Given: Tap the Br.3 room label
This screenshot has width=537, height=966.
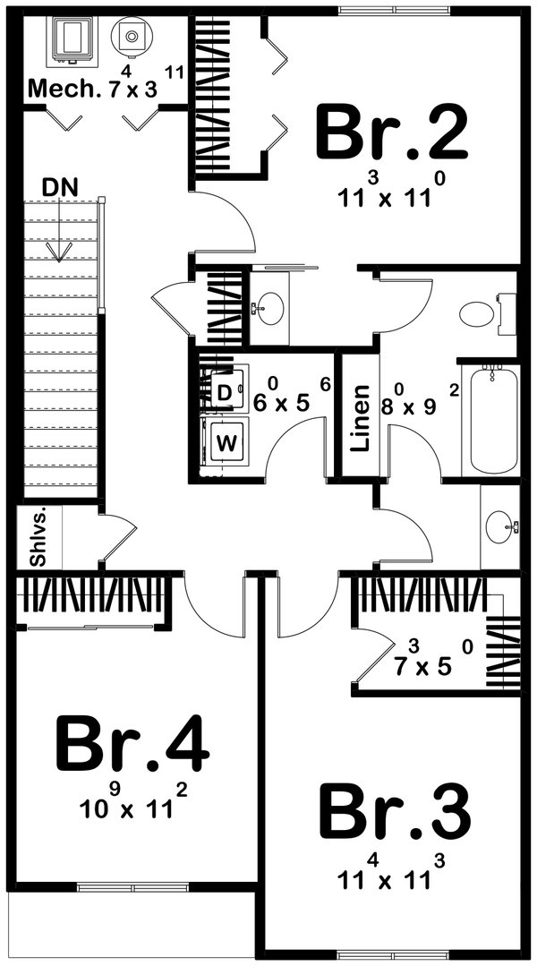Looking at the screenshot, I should point(395,812).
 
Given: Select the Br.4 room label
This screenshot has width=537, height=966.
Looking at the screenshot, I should point(132,743).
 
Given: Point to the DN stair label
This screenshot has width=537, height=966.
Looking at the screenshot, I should point(60,187).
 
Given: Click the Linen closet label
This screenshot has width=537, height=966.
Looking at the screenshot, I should point(360,418).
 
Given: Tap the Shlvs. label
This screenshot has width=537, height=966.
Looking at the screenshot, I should point(38,538).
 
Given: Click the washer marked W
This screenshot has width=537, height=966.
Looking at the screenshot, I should point(227,440).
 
